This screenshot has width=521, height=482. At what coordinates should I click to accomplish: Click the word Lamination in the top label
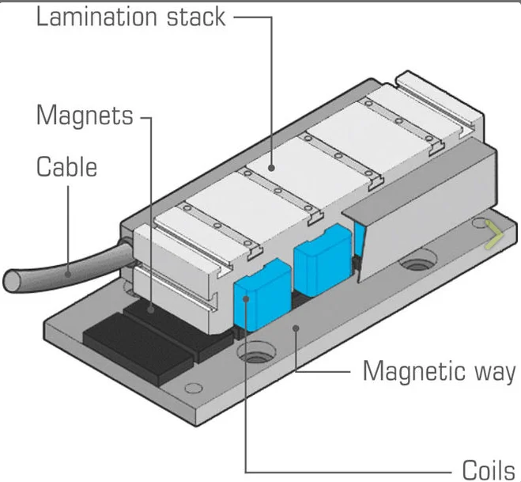(96, 17)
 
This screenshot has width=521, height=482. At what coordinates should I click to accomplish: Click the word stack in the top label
(196, 17)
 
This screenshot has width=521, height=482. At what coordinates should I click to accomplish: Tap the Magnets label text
(85, 115)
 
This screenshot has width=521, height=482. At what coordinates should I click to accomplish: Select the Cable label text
(66, 167)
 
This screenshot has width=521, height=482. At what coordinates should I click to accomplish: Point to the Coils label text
(489, 470)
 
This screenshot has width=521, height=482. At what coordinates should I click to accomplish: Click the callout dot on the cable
(68, 275)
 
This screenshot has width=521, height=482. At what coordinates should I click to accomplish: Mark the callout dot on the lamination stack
(272, 168)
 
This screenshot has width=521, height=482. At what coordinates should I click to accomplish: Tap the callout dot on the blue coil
(246, 298)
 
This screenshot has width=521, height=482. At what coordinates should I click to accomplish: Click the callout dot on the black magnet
(151, 309)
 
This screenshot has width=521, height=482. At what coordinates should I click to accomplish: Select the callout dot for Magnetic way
(296, 328)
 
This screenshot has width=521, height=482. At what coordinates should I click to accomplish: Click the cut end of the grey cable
(13, 281)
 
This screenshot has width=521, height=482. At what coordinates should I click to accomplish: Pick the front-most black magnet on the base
(138, 347)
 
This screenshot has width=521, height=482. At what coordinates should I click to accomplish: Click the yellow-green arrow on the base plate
(494, 234)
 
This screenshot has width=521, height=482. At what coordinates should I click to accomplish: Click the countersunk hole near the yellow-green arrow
(417, 261)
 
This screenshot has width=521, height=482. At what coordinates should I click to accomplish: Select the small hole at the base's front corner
(194, 388)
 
